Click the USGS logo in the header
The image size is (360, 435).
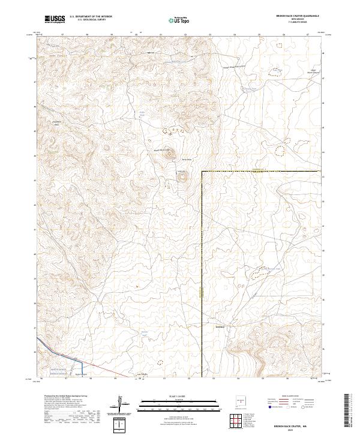point(55,19)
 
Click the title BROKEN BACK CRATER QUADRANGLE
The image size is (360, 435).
point(307,16)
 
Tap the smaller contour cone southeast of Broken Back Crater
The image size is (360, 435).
point(182,176)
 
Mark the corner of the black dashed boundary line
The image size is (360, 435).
point(202,172)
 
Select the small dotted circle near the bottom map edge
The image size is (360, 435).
point(160,362)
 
